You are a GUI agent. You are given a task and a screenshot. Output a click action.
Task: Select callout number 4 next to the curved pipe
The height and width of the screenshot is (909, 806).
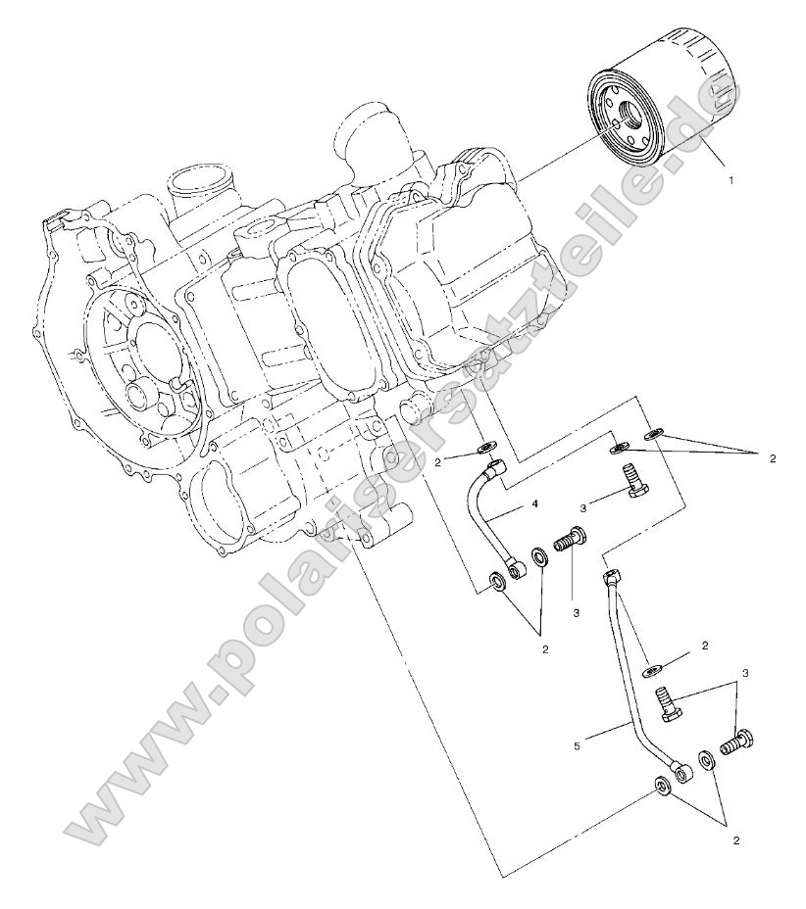[534, 504]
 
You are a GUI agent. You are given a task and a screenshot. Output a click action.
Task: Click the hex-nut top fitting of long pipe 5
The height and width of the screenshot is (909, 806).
[610, 575]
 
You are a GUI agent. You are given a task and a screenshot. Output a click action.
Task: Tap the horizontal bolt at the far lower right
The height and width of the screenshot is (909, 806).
[736, 742]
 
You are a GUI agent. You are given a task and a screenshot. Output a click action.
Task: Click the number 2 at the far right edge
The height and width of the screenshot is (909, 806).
[772, 457]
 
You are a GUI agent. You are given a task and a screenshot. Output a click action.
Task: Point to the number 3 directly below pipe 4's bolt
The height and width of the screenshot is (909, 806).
[577, 611]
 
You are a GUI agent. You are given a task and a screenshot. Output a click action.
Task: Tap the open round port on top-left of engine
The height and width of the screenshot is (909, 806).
[194, 182]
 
